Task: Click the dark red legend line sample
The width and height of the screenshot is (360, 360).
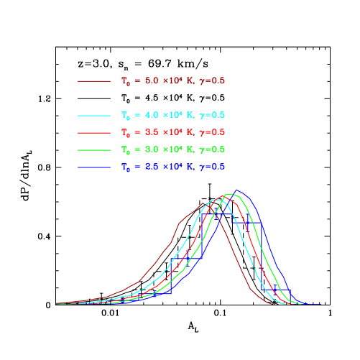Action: tap(94, 81)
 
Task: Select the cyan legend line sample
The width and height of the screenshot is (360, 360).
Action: tap(94, 116)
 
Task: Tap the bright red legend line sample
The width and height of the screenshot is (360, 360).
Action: tap(94, 133)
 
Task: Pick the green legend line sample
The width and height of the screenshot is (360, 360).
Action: tap(94, 150)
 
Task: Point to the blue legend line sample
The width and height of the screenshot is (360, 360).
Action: tap(94, 167)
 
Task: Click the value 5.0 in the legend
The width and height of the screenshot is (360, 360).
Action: tap(152, 81)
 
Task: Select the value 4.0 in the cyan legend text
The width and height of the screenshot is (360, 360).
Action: tap(152, 115)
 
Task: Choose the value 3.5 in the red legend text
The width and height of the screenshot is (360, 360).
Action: tap(152, 132)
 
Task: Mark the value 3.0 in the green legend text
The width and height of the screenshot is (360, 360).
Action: tap(152, 149)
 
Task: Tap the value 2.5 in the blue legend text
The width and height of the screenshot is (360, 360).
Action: tap(152, 167)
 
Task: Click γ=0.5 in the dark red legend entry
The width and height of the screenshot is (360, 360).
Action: tap(212, 81)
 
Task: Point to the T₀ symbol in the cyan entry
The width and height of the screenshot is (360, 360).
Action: tap(126, 116)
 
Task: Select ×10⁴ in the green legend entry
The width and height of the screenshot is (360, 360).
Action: tap(175, 149)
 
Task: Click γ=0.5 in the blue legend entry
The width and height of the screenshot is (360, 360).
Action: tap(212, 167)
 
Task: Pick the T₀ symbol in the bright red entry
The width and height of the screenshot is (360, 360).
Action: tap(126, 133)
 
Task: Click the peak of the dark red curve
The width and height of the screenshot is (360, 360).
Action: tap(208, 202)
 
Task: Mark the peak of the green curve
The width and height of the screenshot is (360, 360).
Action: tap(230, 194)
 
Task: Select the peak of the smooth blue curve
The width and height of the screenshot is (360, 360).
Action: tap(237, 190)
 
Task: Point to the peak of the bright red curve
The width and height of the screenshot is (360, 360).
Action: tap(224, 195)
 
